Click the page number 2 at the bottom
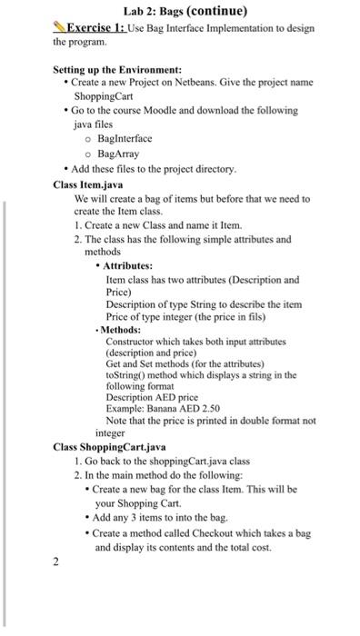[x=56, y=562]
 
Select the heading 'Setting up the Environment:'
[x=117, y=69]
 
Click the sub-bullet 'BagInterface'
[x=125, y=138]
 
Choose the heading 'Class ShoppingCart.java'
[x=109, y=447]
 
